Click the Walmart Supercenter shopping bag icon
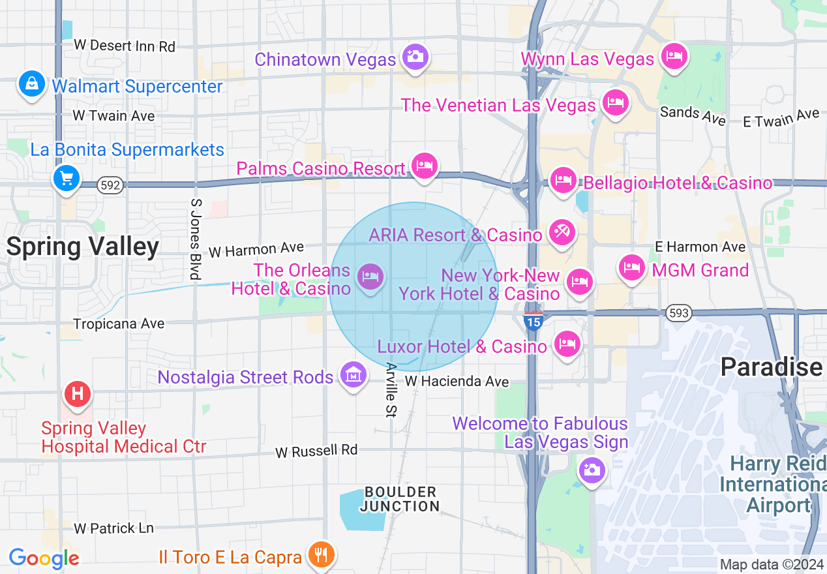point(31,84)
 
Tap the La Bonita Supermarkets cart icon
point(66,177)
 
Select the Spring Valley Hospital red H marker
point(78,394)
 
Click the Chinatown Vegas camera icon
point(414,57)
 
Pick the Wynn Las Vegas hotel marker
point(674,57)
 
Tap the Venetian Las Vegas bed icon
point(614,102)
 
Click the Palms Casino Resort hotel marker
point(425,166)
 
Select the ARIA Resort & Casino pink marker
point(561,232)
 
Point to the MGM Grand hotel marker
point(631,267)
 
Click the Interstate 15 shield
point(533,321)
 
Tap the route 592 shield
point(110,185)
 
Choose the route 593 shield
point(679,314)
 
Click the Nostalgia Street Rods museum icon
point(353,375)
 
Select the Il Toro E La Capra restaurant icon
point(320,555)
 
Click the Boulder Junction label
point(400,499)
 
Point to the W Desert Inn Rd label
point(125,46)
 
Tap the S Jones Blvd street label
point(195,239)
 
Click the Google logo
point(44,558)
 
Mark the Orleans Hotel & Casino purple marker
point(370,277)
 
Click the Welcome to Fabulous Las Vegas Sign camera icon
point(592,470)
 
